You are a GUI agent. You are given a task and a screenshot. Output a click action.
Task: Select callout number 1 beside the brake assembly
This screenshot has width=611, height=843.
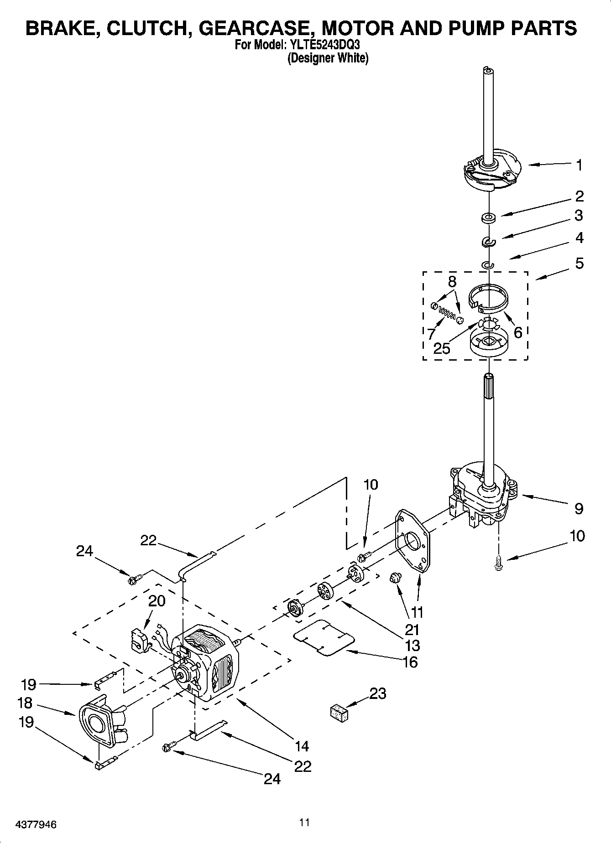(x=579, y=165)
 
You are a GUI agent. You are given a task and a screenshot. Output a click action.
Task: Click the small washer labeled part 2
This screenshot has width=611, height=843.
(x=489, y=217)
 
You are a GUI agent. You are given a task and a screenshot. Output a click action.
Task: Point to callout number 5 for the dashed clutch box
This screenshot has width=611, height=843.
(x=579, y=263)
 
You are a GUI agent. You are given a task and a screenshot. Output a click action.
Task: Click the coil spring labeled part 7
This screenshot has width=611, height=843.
(x=447, y=314)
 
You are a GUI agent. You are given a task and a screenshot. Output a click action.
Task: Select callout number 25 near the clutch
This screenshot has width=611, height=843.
(x=442, y=348)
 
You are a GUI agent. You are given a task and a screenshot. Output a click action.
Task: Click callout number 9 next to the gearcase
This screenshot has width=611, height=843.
(x=579, y=508)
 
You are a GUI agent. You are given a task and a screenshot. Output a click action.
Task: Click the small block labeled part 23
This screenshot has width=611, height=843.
(x=339, y=713)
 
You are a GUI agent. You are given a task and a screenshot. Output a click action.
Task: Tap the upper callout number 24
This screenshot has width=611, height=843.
(x=84, y=551)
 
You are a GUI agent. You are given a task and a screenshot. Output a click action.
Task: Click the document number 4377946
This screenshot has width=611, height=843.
(x=36, y=824)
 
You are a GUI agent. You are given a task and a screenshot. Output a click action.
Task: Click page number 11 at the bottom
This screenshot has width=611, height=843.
(x=305, y=822)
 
